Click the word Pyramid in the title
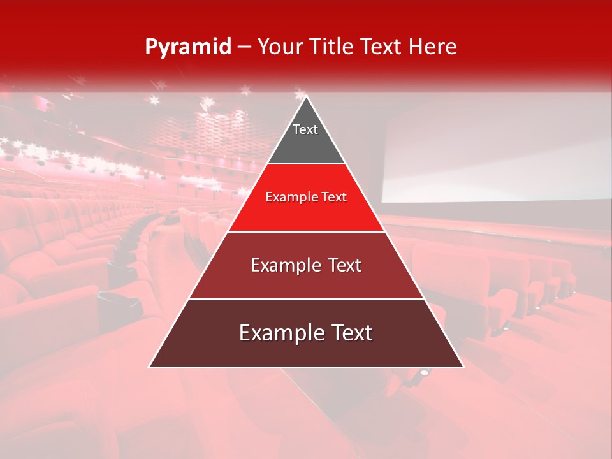click(187, 47)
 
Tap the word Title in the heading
click(333, 47)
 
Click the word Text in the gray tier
click(305, 129)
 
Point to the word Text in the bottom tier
click(350, 333)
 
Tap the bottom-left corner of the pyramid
click(150, 366)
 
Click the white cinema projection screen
click(497, 153)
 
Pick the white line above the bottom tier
click(306, 299)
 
